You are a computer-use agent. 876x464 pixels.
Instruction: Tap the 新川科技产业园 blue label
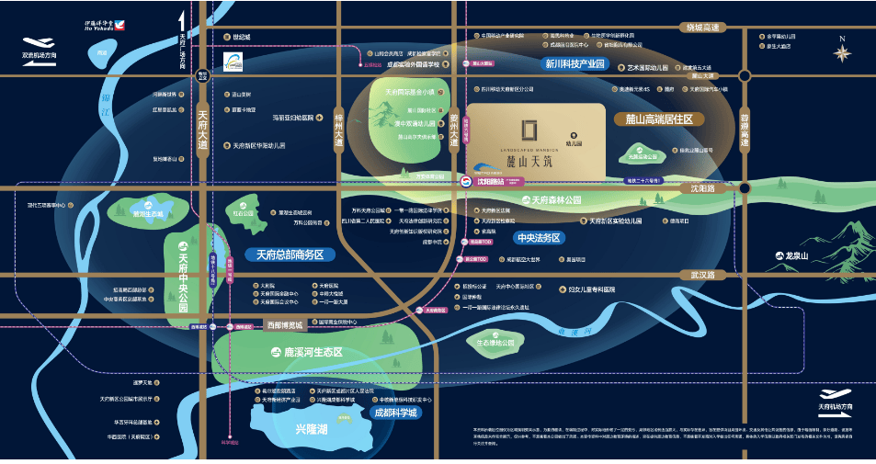click(x=575, y=64)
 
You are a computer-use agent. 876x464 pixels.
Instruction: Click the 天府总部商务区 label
click(x=284, y=255)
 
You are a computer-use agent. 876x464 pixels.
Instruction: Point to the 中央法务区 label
click(x=539, y=237)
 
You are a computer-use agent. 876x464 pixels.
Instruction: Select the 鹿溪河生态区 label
click(x=306, y=353)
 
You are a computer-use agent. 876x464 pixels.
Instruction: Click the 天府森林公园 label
click(x=551, y=199)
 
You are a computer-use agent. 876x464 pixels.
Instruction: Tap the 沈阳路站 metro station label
click(x=488, y=182)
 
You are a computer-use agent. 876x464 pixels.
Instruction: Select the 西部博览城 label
click(x=285, y=325)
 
